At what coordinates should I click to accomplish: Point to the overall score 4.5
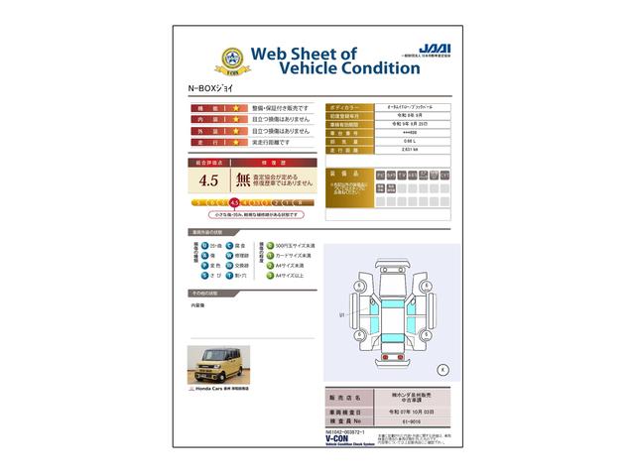coord(208,180)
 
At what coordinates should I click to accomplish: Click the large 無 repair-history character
coord(242,180)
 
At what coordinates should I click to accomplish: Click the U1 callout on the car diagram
coord(341,314)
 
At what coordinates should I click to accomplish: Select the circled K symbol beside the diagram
coord(443,369)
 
